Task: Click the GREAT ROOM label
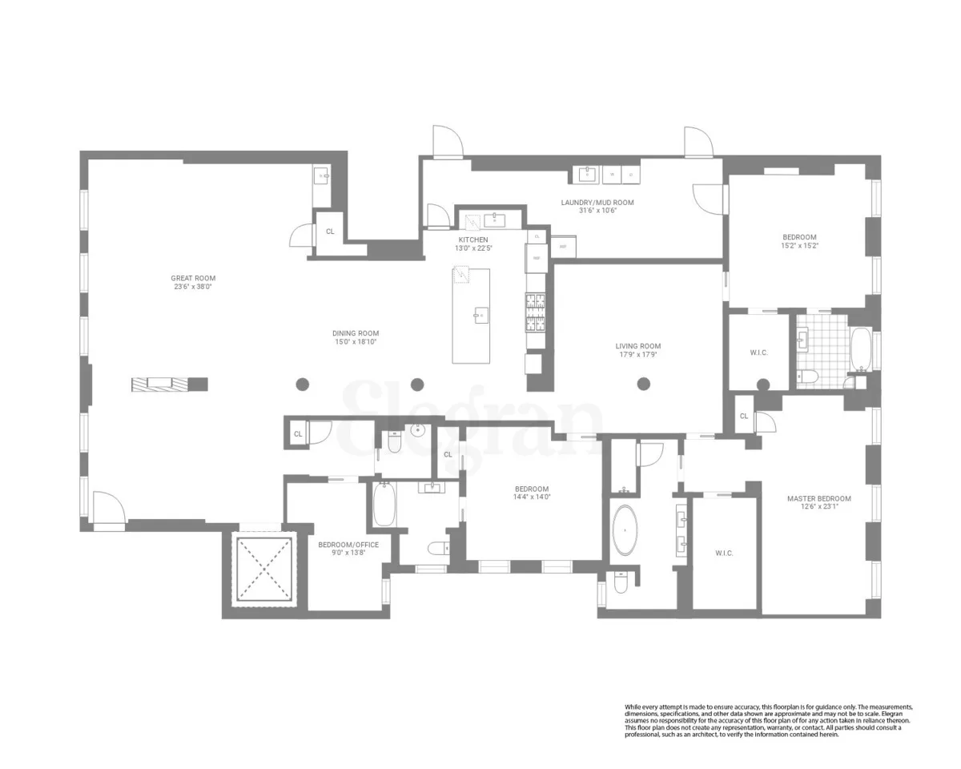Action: pyautogui.click(x=193, y=278)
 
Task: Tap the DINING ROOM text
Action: pyautogui.click(x=356, y=333)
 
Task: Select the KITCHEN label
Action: pyautogui.click(x=472, y=240)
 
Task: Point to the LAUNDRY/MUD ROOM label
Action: pyautogui.click(x=597, y=203)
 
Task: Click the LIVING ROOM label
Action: pyautogui.click(x=637, y=346)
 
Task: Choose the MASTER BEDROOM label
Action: pyautogui.click(x=818, y=498)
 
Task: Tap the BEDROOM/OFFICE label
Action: pyautogui.click(x=348, y=545)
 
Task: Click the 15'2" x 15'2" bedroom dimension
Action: pyautogui.click(x=799, y=246)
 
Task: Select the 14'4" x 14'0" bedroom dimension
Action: pyautogui.click(x=532, y=497)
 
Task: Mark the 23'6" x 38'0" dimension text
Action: pyautogui.click(x=193, y=287)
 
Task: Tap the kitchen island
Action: pyautogui.click(x=471, y=316)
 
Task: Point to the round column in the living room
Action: pyautogui.click(x=644, y=384)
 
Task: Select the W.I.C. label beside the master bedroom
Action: pyautogui.click(x=724, y=554)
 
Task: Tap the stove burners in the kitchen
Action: pyautogui.click(x=535, y=312)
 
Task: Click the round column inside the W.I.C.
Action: pyautogui.click(x=762, y=384)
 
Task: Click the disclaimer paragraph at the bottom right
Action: pyautogui.click(x=769, y=720)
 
